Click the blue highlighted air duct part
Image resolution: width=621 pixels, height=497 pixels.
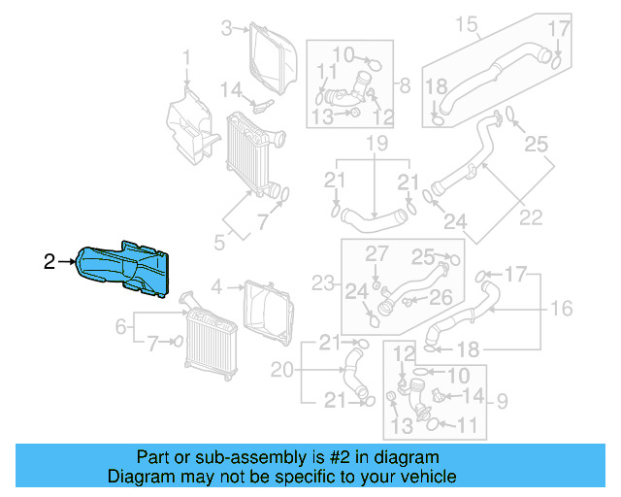126,267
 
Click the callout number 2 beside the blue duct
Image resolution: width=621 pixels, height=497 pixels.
49,260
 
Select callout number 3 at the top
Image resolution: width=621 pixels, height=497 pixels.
227,28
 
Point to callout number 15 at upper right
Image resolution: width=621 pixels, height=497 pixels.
468,23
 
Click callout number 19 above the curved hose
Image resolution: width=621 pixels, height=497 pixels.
376,146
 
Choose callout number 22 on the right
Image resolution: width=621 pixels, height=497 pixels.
531,217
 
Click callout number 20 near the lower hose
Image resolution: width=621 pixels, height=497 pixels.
281,370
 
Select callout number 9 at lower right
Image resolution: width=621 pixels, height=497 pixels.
503,398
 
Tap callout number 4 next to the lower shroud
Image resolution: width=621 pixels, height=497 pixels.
216,286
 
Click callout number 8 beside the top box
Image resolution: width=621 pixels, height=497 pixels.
405,84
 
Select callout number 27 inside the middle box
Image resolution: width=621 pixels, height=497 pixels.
376,253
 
